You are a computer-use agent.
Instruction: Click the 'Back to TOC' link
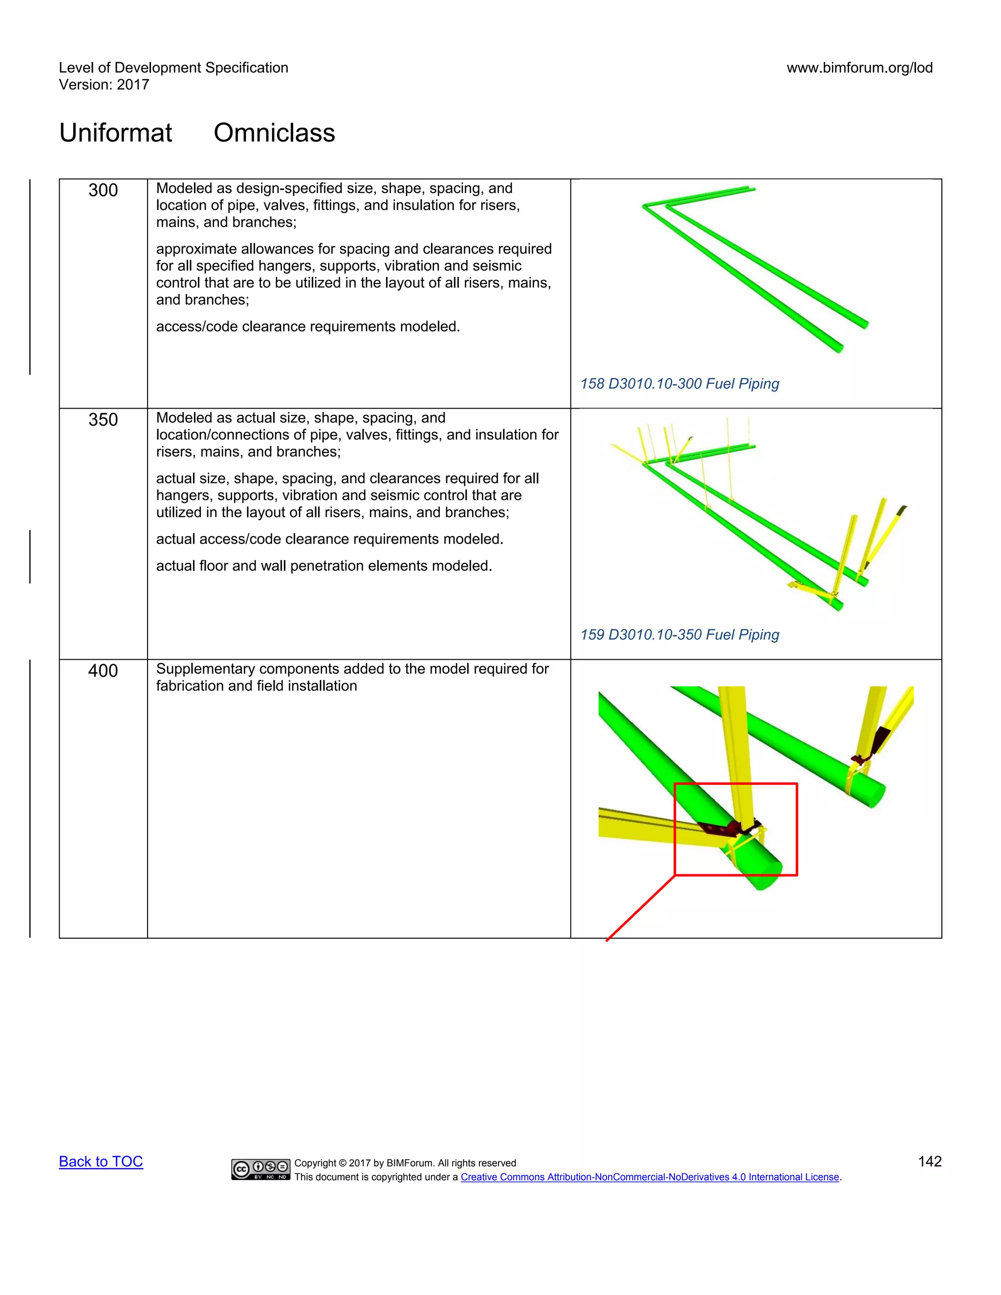click(101, 1161)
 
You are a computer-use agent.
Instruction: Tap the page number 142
click(929, 1161)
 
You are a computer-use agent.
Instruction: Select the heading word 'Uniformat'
click(116, 133)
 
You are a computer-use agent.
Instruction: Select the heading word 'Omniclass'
click(274, 133)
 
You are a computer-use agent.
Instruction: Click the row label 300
click(103, 190)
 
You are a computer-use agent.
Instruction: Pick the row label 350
click(103, 420)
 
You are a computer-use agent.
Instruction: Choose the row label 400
click(103, 670)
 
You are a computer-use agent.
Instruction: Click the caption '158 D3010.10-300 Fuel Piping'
click(679, 384)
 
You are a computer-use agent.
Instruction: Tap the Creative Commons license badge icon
click(261, 1169)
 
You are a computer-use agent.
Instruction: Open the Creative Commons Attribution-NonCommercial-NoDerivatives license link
click(650, 1177)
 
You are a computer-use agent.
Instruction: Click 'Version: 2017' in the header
click(104, 85)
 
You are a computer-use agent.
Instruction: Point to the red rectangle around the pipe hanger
click(735, 784)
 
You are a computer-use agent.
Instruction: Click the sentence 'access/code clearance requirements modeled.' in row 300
click(308, 327)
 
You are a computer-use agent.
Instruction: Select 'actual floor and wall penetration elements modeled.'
click(324, 566)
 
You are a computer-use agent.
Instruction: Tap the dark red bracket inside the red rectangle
click(720, 829)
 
